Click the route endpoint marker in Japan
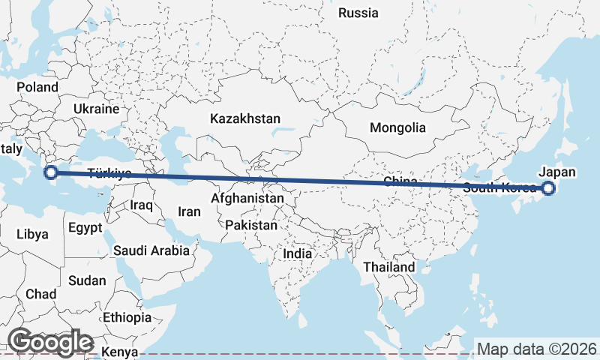(548, 188)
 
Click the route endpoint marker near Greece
(50, 173)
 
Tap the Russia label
(358, 13)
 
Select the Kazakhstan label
(245, 118)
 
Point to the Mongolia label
(397, 127)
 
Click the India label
(298, 254)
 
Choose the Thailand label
(388, 267)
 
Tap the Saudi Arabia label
(151, 250)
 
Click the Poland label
(37, 87)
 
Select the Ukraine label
(96, 109)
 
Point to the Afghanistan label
(247, 199)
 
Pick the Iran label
(189, 212)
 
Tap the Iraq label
(141, 204)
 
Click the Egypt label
(84, 226)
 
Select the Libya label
(32, 234)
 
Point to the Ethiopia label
(127, 317)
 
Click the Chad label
(40, 294)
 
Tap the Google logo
(50, 341)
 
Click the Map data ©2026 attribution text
(537, 349)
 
